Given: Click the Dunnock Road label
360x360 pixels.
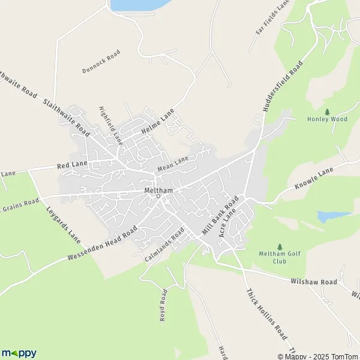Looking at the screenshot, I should (x=101, y=62).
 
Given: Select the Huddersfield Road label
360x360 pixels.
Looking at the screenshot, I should (x=281, y=87).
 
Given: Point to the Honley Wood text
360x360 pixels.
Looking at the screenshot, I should (x=327, y=119).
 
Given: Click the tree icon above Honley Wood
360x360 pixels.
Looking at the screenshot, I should (x=327, y=111).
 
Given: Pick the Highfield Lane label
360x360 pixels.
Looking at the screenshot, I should (x=110, y=125).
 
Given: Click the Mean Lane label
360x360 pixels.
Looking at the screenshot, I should (x=173, y=162).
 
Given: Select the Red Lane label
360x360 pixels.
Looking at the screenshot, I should (x=73, y=164).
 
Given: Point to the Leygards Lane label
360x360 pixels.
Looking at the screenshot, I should (x=63, y=225).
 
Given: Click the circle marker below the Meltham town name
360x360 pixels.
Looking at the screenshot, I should (x=158, y=196).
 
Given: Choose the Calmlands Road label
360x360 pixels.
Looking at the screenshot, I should (x=164, y=245).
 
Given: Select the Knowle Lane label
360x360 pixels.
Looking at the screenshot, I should (x=313, y=181).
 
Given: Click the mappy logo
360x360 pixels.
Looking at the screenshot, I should (x=19, y=353).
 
